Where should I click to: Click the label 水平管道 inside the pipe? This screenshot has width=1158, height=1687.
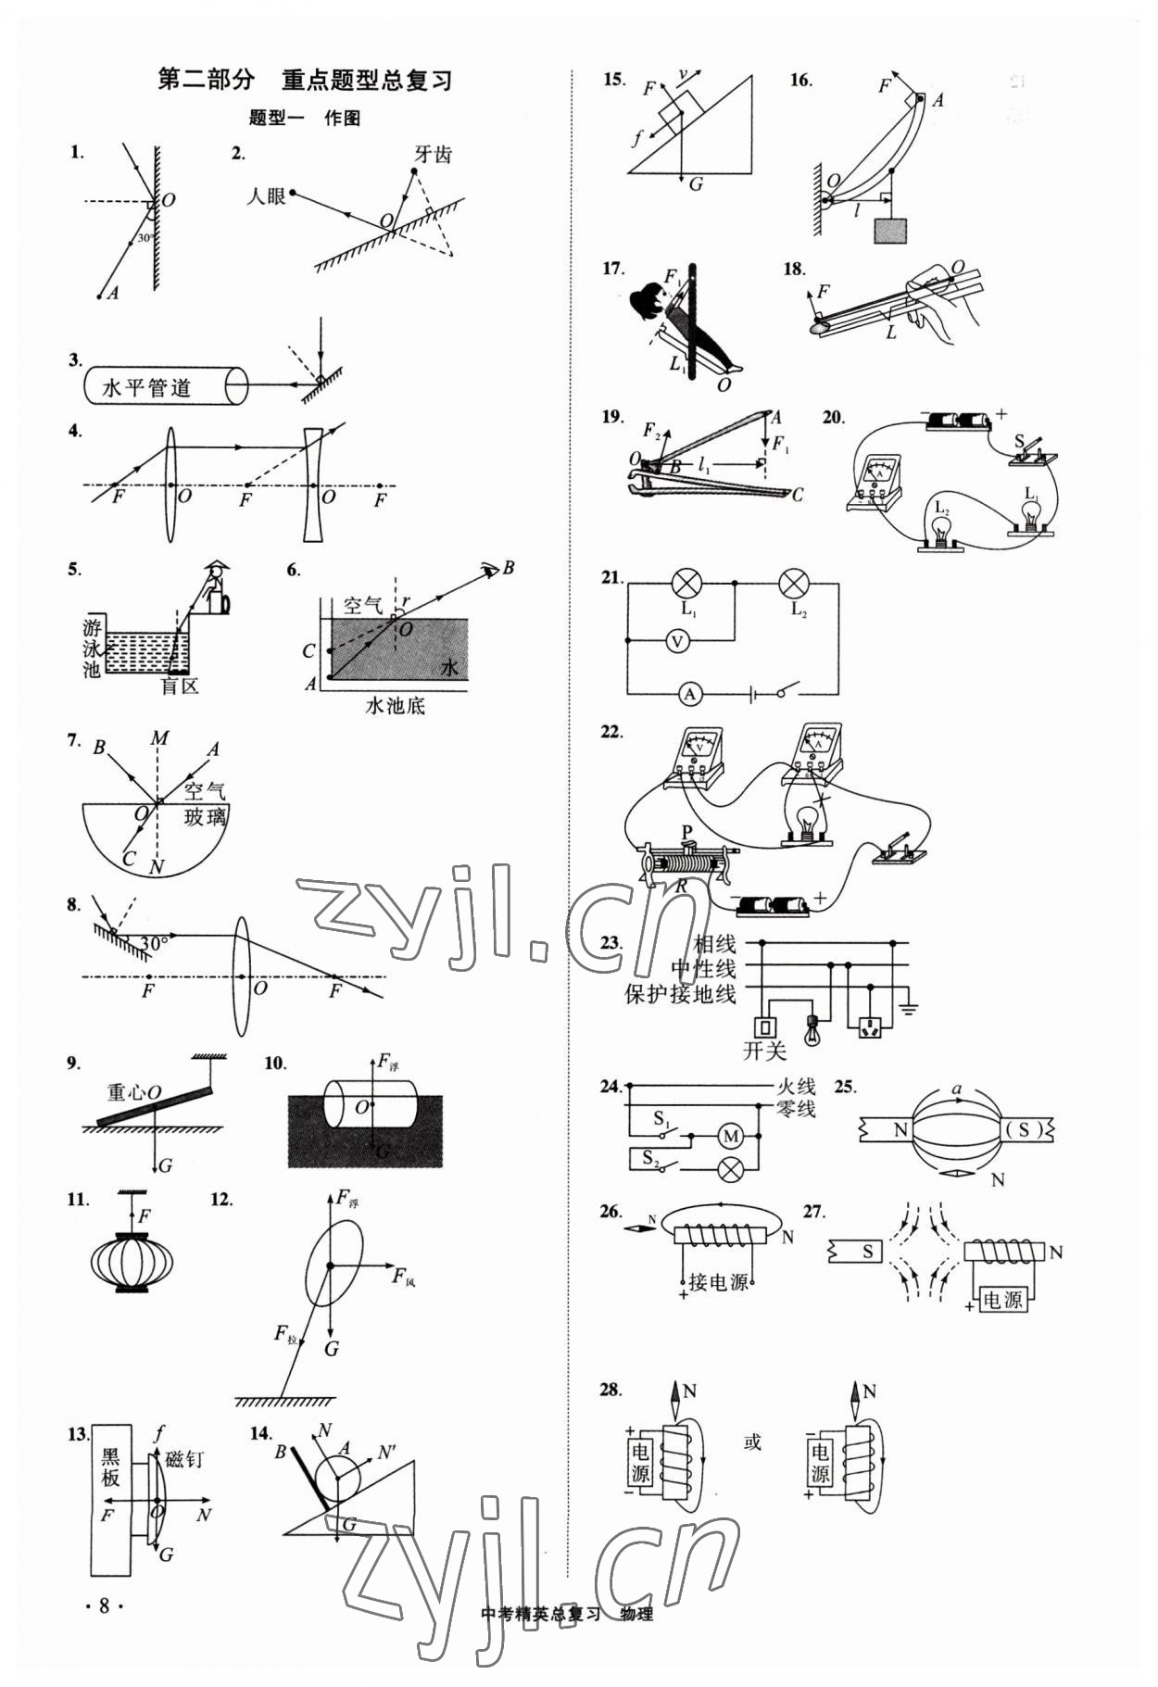pos(145,387)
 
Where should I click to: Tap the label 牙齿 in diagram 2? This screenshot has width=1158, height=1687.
pos(433,155)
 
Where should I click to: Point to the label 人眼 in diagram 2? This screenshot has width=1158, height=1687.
pos(266,196)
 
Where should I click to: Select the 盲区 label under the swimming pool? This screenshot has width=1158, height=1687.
pos(180,686)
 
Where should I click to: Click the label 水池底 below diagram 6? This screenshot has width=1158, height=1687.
pos(396,705)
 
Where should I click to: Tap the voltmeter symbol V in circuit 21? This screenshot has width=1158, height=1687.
pos(678,640)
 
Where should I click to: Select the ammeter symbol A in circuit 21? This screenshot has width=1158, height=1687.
pos(688,692)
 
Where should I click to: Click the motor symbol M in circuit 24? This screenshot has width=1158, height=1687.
pos(731,1136)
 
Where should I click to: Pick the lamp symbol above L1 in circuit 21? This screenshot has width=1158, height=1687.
pos(686,584)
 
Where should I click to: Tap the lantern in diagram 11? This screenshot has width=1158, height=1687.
pos(132,1261)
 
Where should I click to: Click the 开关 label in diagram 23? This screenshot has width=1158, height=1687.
pos(764,1051)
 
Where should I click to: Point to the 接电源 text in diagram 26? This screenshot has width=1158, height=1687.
pos(718,1282)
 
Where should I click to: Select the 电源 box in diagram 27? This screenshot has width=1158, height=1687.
pos(1002,1300)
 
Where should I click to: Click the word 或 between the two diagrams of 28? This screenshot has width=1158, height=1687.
pos(752,1442)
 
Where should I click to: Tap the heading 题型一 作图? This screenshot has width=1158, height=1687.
pos(305,119)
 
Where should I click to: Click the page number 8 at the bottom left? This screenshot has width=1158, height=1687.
pos(105,1605)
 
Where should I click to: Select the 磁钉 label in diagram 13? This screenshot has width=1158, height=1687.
pos(183,1460)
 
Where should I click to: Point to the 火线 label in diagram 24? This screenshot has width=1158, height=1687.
pos(795,1087)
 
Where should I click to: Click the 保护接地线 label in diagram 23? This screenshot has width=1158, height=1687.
pos(680,994)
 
